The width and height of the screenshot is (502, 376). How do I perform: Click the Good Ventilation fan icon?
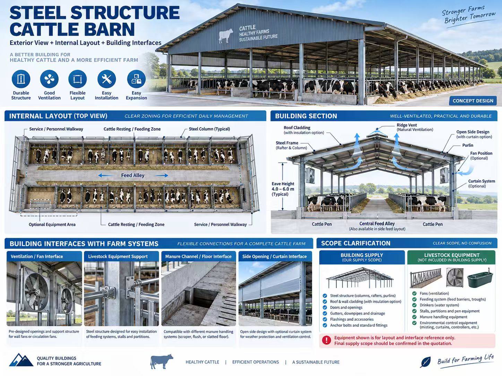click(49, 79)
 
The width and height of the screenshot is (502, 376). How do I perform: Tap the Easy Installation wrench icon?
click(106, 79)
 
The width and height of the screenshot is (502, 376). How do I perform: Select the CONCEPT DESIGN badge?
click(473, 101)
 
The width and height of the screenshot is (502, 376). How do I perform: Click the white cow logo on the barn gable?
click(226, 36)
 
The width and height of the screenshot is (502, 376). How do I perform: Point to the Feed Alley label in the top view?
click(133, 175)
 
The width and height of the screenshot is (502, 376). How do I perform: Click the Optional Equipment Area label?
click(52, 224)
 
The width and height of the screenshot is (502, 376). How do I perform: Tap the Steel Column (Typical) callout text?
click(209, 129)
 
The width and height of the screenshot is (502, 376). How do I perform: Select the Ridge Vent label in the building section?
click(407, 125)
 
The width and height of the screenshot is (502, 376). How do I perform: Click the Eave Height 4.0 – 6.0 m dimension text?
click(283, 189)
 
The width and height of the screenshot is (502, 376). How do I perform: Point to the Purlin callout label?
click(468, 145)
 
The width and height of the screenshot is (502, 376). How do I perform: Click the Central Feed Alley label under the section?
click(377, 224)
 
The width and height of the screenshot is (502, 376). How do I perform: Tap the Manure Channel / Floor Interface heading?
click(198, 256)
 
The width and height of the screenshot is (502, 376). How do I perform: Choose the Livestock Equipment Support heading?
click(118, 256)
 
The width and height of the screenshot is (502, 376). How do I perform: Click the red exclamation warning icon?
click(326, 340)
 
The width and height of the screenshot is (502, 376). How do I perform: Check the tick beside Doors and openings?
click(325, 307)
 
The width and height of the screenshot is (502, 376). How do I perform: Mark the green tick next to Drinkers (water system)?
click(414, 305)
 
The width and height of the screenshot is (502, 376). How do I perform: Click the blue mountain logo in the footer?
click(21, 360)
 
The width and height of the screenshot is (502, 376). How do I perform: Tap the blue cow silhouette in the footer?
click(162, 361)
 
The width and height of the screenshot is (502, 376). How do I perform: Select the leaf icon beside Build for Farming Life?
click(425, 362)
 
